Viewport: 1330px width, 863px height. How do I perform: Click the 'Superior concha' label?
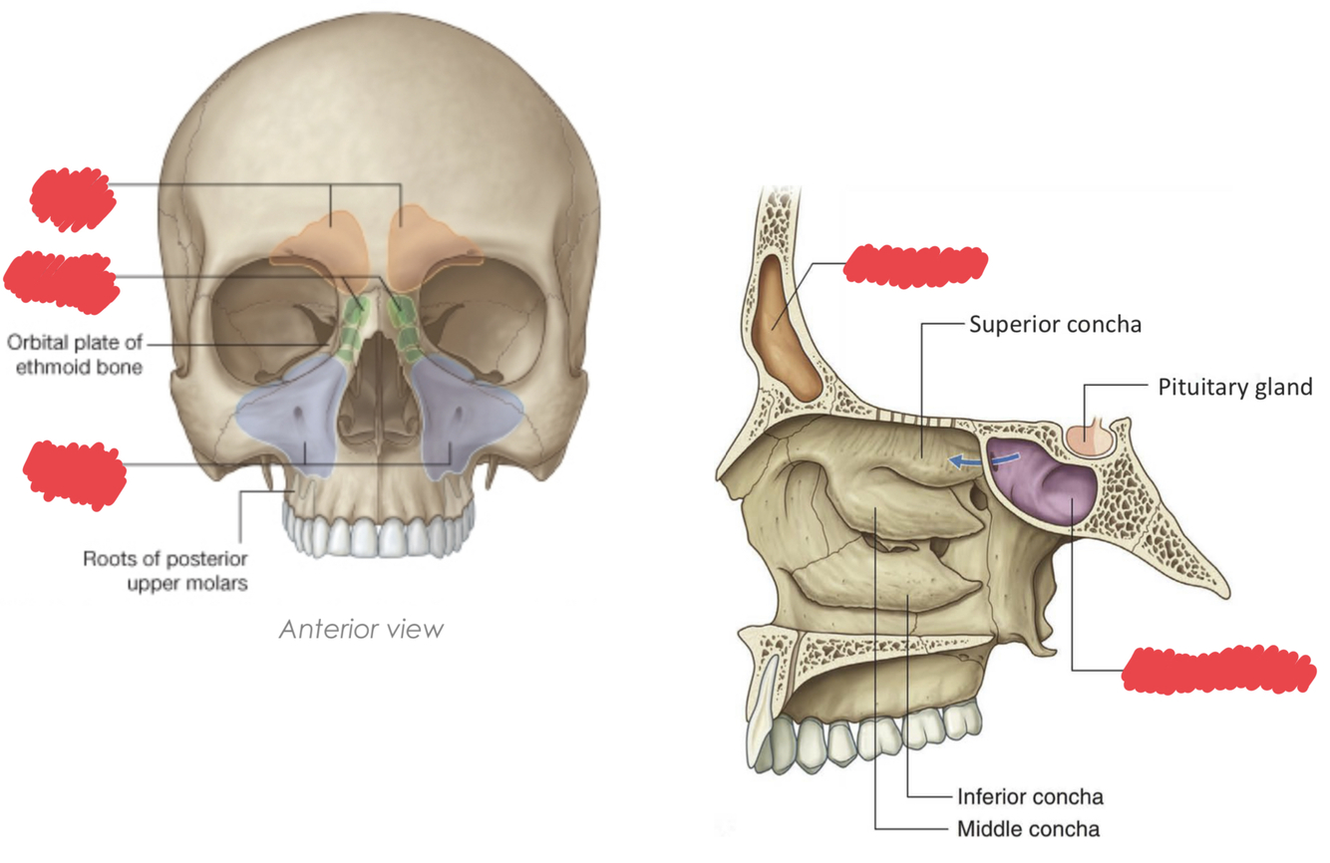(1055, 325)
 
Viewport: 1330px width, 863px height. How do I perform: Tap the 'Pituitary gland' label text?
(1234, 387)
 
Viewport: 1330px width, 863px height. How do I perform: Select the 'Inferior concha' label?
(1030, 796)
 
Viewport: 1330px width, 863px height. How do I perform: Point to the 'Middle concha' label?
(1028, 828)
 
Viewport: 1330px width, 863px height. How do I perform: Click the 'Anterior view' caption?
(361, 630)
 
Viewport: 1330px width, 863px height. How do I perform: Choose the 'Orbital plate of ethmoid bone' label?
(75, 355)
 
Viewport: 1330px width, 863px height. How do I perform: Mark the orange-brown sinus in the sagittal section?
(788, 329)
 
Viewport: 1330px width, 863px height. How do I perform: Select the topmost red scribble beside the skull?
(73, 198)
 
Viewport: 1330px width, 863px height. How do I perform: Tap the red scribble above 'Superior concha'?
(915, 264)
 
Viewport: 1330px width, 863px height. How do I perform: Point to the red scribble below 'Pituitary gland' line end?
(1218, 670)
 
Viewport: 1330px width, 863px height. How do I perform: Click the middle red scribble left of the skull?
(62, 278)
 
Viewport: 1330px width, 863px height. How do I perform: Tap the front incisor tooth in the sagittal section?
(764, 722)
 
